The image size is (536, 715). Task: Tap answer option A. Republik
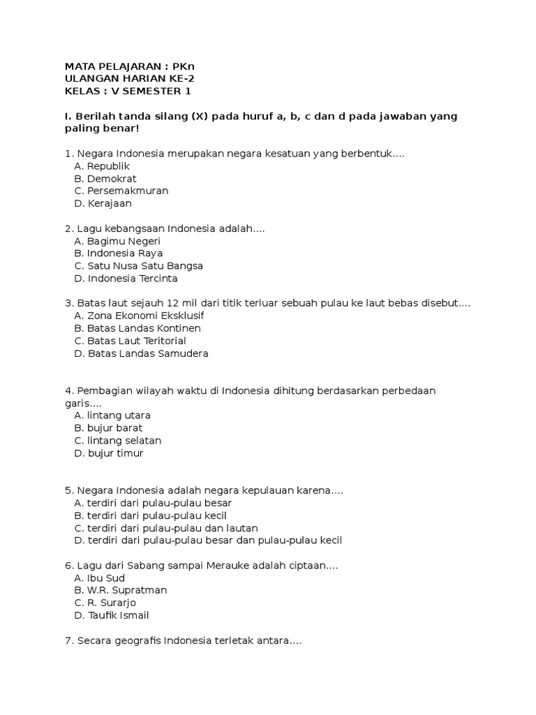tap(102, 166)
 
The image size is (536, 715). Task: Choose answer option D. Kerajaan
tap(103, 204)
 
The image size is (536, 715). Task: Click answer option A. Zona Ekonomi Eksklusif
tap(139, 316)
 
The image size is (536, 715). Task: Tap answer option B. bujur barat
tap(108, 428)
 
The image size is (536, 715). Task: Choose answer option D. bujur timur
tap(108, 453)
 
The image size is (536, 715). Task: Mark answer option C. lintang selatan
tap(117, 441)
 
